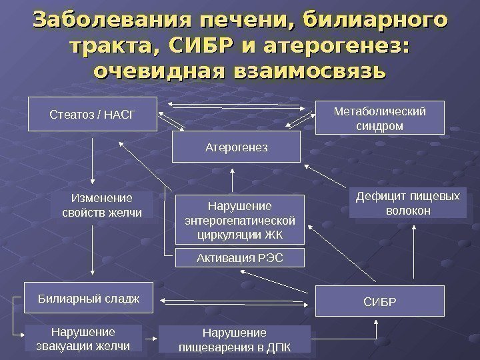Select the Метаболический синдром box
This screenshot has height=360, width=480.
[379, 117]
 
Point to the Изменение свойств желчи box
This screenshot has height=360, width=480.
[101, 205]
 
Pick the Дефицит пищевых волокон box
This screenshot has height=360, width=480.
[408, 203]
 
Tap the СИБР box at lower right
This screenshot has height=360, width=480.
[379, 301]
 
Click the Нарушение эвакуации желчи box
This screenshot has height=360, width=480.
[83, 338]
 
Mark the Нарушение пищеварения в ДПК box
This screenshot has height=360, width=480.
[235, 339]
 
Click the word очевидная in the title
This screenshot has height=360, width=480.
[159, 69]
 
